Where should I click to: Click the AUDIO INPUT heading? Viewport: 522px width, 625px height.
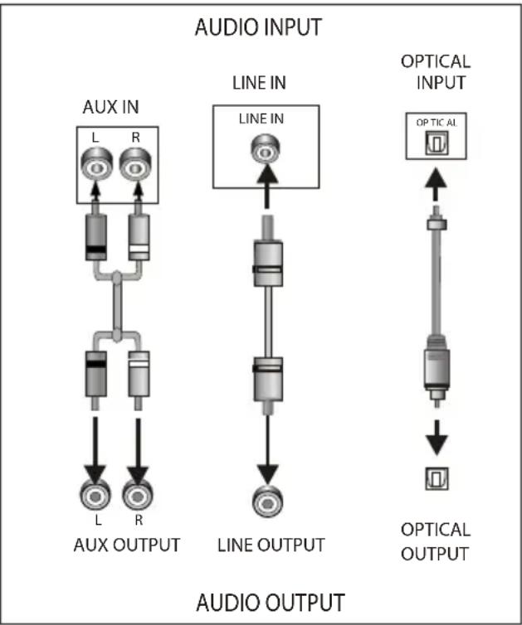tap(258, 27)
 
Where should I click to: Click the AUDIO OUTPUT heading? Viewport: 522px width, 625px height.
tap(271, 603)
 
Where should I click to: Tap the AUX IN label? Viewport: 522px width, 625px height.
tap(110, 107)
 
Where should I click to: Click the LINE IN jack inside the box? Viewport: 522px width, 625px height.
tap(265, 149)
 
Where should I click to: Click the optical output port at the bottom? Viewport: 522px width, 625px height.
tap(437, 478)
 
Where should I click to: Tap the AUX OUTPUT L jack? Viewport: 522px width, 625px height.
tap(95, 495)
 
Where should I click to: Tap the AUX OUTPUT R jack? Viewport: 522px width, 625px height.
tap(137, 495)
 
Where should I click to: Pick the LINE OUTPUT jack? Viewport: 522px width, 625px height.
tap(268, 501)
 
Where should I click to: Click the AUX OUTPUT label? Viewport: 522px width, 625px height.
tap(127, 545)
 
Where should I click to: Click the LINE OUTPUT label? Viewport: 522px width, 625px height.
tap(271, 545)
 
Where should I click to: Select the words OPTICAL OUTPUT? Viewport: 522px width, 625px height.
tap(436, 541)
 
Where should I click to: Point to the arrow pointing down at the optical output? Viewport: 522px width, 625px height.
tap(437, 438)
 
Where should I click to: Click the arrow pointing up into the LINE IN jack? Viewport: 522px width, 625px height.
tap(267, 186)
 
